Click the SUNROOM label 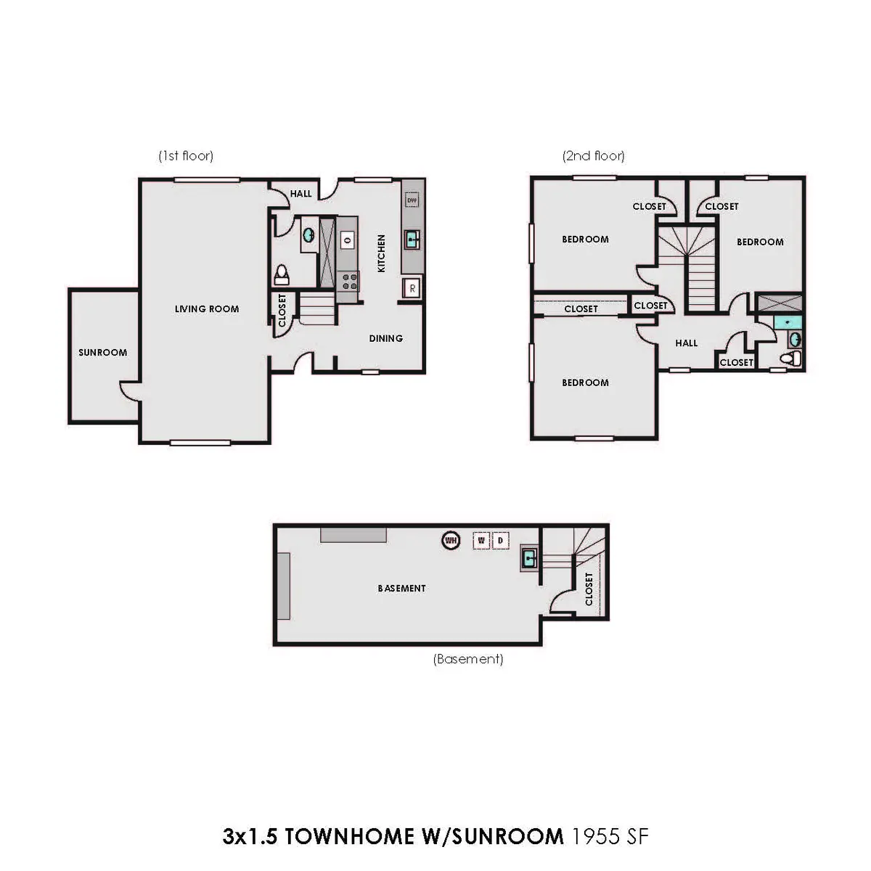102,353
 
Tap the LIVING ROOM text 207,309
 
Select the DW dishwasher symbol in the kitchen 412,200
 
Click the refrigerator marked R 412,288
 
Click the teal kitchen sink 412,239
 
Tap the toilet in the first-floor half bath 282,274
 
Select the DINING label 385,338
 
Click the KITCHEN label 382,253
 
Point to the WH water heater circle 451,540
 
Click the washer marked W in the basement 481,540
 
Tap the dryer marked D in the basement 500,540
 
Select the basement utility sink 529,558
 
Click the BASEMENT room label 402,588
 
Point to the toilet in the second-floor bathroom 790,359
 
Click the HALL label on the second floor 686,343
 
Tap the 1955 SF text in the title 610,835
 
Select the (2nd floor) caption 594,156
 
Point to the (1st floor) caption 186,156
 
